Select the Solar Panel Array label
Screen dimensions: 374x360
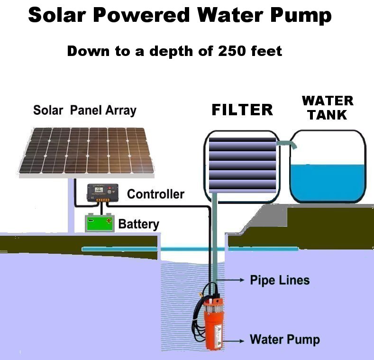85,111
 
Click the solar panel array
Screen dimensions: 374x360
87,152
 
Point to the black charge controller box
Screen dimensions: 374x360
102,193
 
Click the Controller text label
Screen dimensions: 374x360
155,194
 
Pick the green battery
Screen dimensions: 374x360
100,223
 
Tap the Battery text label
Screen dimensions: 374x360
138,224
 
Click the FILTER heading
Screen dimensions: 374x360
242,110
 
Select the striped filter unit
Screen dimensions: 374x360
242,165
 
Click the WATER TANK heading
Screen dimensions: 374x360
328,108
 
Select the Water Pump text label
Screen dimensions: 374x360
284,339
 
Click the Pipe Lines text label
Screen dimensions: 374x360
280,280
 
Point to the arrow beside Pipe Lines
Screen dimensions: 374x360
230,280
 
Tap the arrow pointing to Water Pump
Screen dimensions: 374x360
234,341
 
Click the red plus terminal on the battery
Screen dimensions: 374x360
109,221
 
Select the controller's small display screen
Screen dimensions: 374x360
99,190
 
